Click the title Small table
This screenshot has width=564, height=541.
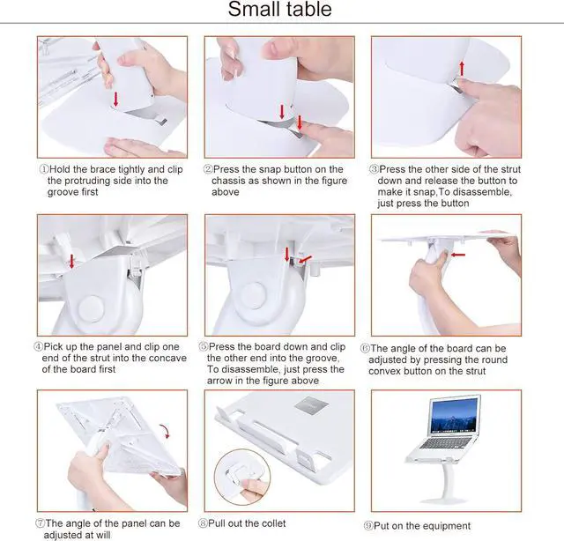[280, 9]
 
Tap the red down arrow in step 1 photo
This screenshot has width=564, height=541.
[115, 99]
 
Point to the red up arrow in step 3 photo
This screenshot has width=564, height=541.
[462, 69]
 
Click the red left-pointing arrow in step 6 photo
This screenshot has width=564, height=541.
[458, 255]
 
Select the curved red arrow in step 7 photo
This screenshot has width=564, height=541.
[166, 431]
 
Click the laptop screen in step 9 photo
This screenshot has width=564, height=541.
[455, 416]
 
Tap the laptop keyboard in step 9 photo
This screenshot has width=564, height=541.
[446, 442]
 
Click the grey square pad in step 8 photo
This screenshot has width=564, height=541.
[311, 404]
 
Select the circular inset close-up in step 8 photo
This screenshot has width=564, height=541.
[242, 477]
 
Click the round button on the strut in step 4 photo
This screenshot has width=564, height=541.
[92, 308]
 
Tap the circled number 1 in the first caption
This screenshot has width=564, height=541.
[43, 169]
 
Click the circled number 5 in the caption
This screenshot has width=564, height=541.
[204, 346]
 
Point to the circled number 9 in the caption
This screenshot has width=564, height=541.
[368, 526]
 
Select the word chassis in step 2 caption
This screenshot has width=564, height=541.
[229, 181]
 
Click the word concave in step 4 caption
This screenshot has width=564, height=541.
[166, 359]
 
